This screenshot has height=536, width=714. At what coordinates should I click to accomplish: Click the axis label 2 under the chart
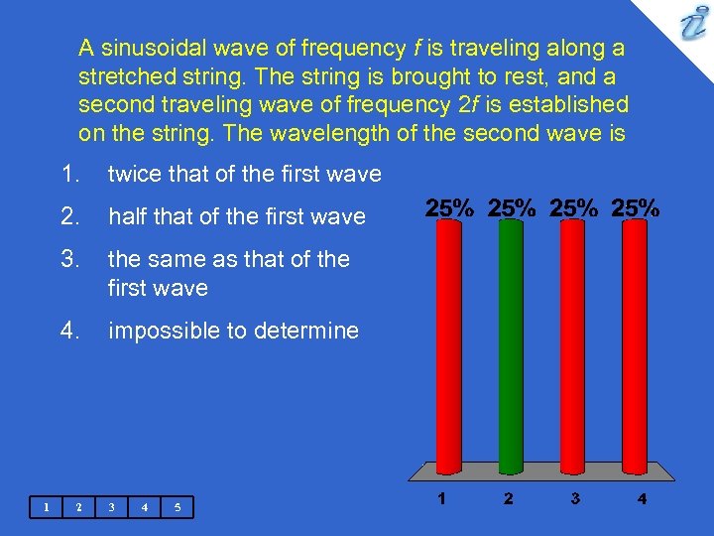pyautogui.click(x=508, y=499)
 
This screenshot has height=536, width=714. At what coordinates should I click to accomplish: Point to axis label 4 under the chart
pyautogui.click(x=642, y=499)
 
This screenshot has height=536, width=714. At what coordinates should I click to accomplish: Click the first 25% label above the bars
pyautogui.click(x=449, y=208)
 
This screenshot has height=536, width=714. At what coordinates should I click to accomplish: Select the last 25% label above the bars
pyautogui.click(x=636, y=208)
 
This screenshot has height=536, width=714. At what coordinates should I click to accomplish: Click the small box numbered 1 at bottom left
pyautogui.click(x=46, y=507)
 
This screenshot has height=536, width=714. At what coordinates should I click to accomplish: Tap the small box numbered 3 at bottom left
pyautogui.click(x=111, y=507)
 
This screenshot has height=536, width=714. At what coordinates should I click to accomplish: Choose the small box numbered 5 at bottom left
pyautogui.click(x=177, y=507)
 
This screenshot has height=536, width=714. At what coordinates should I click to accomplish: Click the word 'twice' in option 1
pyautogui.click(x=132, y=175)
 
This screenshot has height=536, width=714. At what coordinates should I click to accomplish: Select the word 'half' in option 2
pyautogui.click(x=127, y=216)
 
